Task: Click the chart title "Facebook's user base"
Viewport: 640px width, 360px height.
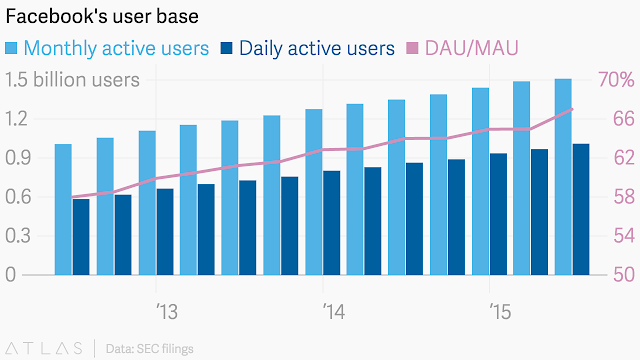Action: pos(102,16)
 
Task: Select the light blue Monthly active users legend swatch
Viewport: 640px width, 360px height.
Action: pos(11,48)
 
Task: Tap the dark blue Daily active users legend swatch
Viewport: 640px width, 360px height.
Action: pos(226,48)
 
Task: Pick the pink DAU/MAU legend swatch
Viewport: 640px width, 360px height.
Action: pos(412,48)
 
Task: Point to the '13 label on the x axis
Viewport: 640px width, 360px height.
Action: pos(167,312)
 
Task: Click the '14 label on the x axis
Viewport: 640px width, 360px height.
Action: pos(334,312)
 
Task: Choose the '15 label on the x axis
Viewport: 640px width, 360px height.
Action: pos(500,312)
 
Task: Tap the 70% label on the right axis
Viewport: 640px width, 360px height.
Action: pos(616,79)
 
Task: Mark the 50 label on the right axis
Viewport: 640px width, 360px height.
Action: pos(624,274)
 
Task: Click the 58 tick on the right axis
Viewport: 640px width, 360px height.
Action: pos(624,197)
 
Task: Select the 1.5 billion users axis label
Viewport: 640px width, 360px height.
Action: pos(72,80)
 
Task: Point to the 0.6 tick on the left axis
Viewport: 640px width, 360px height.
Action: pos(18,197)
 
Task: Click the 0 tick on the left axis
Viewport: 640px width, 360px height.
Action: pos(11,274)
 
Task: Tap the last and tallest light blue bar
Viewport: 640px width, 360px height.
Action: pos(563,177)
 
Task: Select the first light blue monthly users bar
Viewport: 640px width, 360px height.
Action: pos(63,209)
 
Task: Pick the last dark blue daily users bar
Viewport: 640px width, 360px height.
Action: pos(581,209)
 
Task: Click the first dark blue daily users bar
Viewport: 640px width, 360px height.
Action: pos(81,237)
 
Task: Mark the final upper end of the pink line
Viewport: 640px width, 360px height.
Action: pos(572,109)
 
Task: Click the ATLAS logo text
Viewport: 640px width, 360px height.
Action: pos(44,348)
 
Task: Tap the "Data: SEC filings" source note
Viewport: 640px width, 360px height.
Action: pos(149,349)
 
